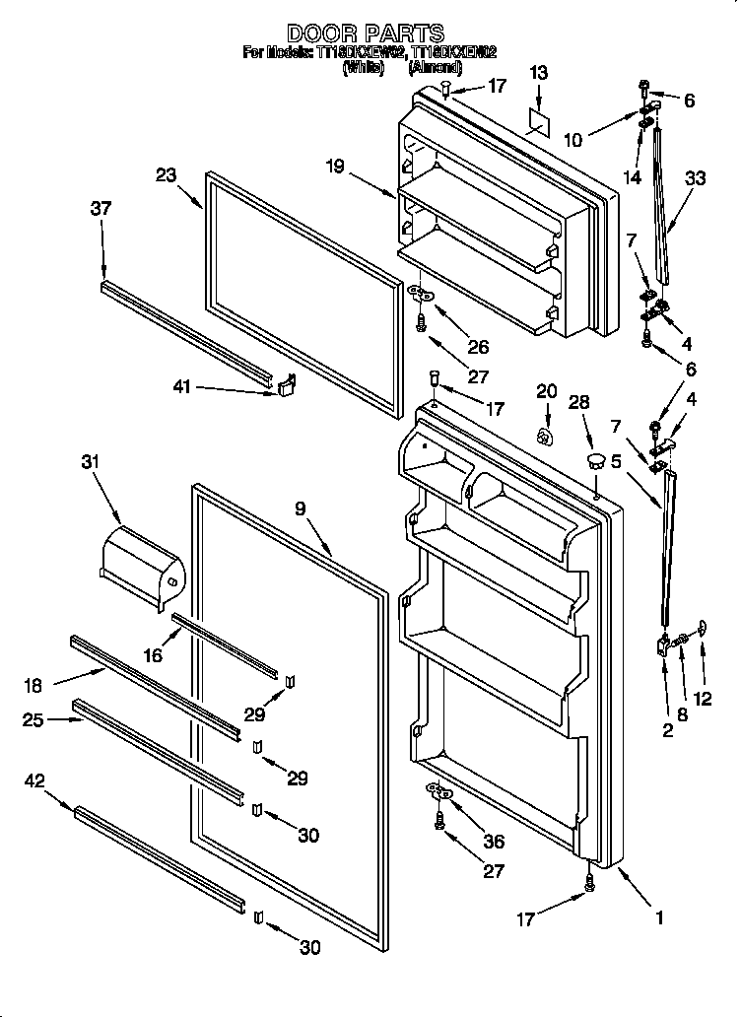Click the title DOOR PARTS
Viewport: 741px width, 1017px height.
[366, 34]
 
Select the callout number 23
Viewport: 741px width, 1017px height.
[166, 175]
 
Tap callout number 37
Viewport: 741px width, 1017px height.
[101, 208]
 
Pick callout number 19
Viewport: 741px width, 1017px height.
[335, 167]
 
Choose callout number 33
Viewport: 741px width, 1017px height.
[696, 178]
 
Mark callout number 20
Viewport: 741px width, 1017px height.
[547, 390]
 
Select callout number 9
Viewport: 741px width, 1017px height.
[300, 508]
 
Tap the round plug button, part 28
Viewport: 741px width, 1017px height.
[596, 458]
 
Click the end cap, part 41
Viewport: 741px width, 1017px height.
[286, 384]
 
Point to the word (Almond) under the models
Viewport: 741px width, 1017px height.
[435, 69]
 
